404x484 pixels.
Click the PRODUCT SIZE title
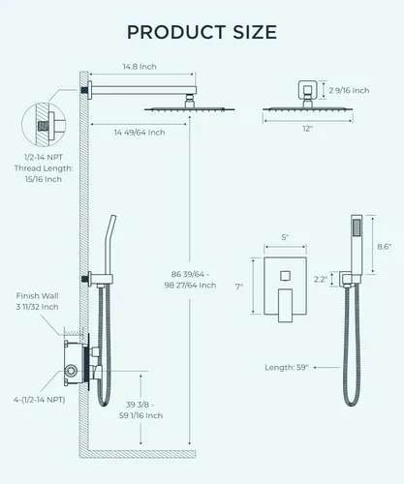pos(202,32)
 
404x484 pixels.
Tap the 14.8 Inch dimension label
pos(140,67)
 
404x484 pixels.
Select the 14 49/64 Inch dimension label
pos(140,133)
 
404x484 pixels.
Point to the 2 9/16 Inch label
pos(349,90)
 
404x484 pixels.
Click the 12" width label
pos(308,129)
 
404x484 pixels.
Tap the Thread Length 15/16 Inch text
pos(44,173)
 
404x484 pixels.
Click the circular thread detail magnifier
pos(44,124)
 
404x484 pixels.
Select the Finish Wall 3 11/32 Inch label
pos(37,301)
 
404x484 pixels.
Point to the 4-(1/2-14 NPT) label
pos(39,400)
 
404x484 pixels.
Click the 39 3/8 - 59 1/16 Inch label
pos(140,409)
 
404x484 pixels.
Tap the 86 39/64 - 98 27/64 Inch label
pos(190,280)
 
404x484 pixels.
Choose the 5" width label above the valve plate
pos(285,237)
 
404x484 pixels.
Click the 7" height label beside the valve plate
pos(239,287)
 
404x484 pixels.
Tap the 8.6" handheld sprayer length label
pos(385,247)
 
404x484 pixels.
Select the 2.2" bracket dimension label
pos(321,279)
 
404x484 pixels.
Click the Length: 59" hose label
pos(287,367)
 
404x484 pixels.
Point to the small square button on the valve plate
pos(285,276)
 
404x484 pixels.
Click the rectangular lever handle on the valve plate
pos(285,305)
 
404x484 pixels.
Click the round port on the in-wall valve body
pos(71,371)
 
